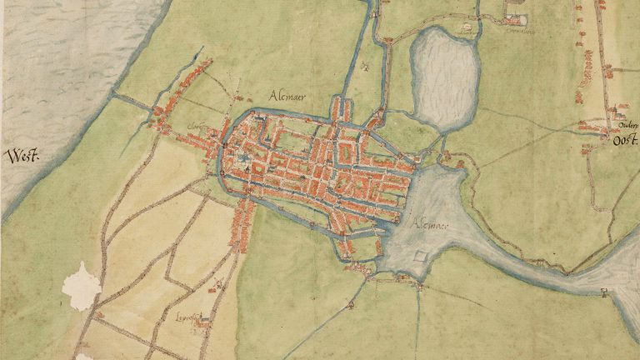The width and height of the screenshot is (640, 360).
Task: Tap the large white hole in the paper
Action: click(x=81, y=286)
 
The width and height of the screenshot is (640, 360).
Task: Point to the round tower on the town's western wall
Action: click(x=222, y=173)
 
